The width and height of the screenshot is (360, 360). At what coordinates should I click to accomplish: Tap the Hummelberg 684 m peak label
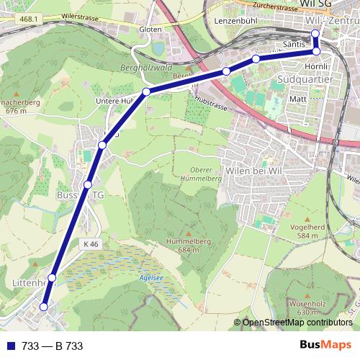[x=188, y=245]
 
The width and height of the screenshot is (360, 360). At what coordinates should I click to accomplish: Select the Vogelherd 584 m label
[x=307, y=230]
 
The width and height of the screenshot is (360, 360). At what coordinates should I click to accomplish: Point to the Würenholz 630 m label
[x=307, y=307]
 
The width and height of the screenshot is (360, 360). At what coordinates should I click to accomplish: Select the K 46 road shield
[x=90, y=245]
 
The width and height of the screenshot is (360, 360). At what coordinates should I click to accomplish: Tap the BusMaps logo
[x=325, y=346]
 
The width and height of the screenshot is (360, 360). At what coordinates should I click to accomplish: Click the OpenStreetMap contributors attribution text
[x=297, y=323]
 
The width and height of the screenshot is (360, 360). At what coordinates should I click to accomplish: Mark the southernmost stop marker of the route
[x=44, y=307]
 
